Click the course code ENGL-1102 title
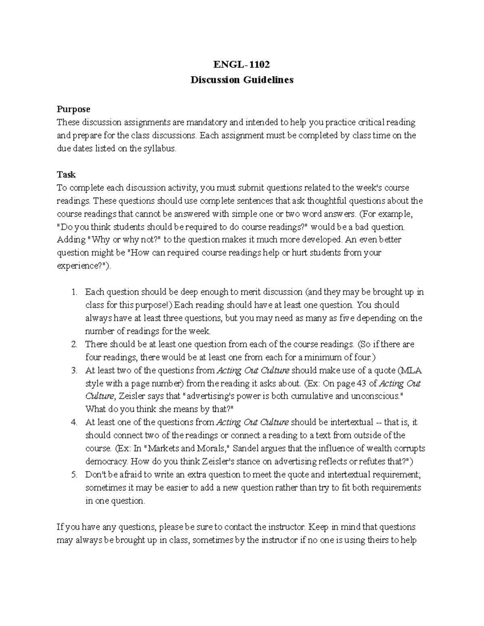[x=242, y=64]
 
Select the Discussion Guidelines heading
[x=242, y=80]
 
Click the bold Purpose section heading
[x=73, y=109]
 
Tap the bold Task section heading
[x=66, y=175]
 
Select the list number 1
[x=74, y=292]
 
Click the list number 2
[x=74, y=344]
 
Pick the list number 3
[x=74, y=370]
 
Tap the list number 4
[x=74, y=422]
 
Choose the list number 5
[x=74, y=475]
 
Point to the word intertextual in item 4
[x=352, y=422]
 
